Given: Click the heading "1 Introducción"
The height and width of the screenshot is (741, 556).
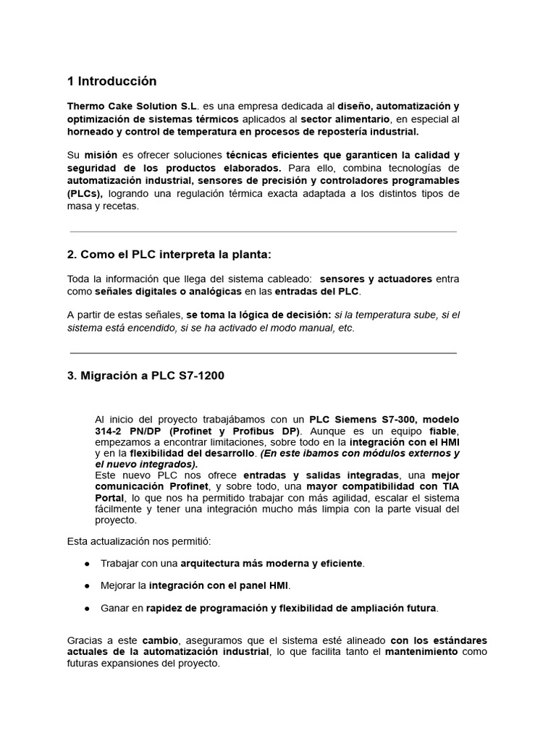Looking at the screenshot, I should (x=111, y=81).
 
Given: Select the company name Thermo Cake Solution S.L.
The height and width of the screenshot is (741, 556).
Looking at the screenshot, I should (x=132, y=106).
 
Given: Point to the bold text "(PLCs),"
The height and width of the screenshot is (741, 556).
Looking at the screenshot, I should (x=85, y=193).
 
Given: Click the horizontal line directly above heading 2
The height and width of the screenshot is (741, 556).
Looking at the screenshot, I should (x=263, y=232).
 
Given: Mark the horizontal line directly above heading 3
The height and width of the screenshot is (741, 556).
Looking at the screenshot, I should (x=263, y=353).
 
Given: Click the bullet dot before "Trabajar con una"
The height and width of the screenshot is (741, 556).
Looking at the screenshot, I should (x=87, y=563).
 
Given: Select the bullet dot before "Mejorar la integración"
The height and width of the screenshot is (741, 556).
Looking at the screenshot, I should (x=87, y=585).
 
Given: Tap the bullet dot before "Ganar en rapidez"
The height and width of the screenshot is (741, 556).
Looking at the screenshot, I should (x=87, y=607).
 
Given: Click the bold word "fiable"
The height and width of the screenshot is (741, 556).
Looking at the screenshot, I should (x=442, y=431).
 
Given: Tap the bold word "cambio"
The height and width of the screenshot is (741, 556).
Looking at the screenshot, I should (x=162, y=640).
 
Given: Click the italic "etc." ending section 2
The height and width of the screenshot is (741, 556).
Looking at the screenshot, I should (x=346, y=327).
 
